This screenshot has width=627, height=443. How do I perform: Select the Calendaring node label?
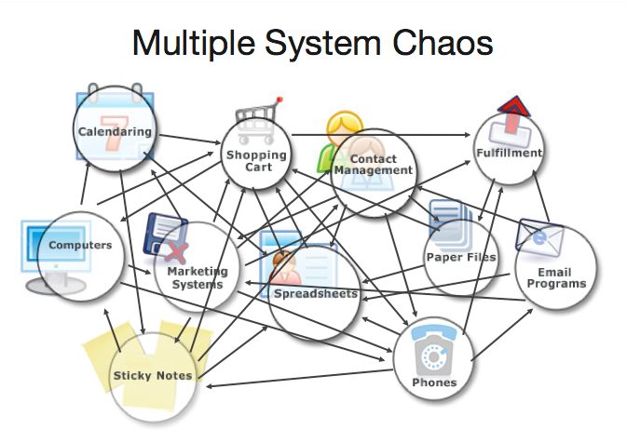click(x=115, y=132)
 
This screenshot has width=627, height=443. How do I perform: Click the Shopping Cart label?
click(x=255, y=161)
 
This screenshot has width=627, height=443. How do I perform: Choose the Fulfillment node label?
click(x=508, y=152)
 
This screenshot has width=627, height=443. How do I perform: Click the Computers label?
click(x=80, y=246)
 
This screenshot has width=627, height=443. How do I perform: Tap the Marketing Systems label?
click(x=196, y=277)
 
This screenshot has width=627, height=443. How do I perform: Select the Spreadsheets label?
click(x=315, y=294)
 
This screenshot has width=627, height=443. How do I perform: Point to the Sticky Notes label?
click(x=153, y=376)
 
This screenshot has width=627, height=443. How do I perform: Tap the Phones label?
click(x=434, y=383)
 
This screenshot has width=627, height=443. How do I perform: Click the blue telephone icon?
click(x=431, y=351)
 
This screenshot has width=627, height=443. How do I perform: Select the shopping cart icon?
click(x=254, y=116)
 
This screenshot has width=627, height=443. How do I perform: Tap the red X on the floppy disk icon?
click(x=177, y=249)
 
